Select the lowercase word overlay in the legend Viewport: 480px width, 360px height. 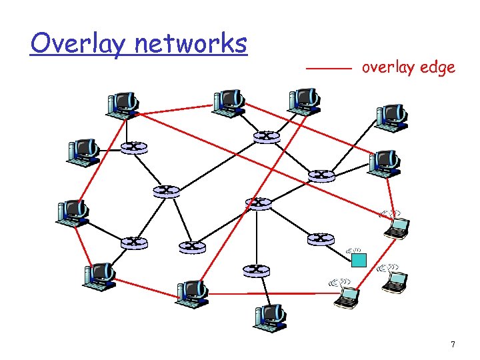point(385,67)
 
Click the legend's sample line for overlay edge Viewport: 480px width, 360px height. point(328,69)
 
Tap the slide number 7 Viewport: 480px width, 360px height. point(453,345)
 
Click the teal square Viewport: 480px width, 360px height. point(359,259)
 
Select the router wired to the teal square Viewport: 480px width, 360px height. point(321,237)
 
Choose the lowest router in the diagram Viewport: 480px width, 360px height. point(255,269)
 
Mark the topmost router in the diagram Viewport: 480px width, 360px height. point(266,136)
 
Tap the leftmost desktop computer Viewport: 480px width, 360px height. point(71,211)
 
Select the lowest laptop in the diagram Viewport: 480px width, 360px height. point(347,297)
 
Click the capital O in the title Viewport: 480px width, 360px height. point(41,44)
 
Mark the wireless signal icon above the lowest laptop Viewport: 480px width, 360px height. point(338,283)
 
